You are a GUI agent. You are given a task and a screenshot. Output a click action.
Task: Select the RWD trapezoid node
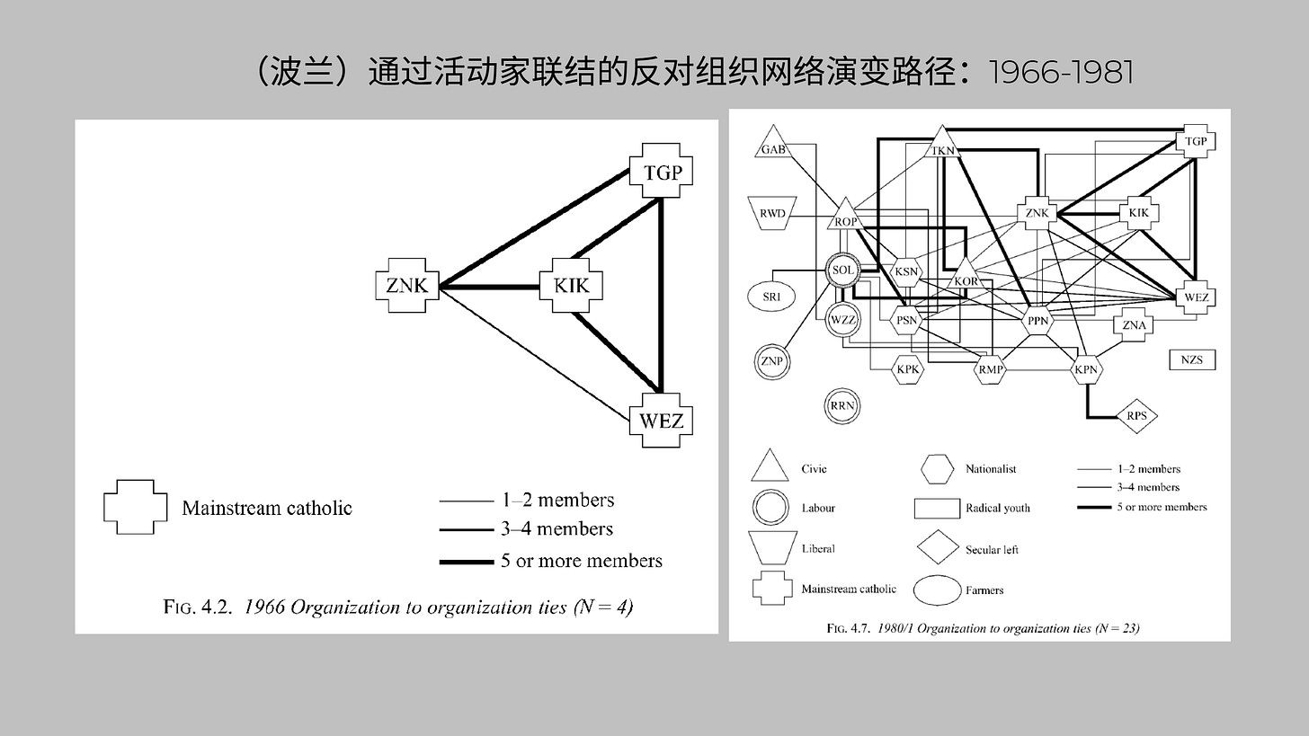click(x=772, y=214)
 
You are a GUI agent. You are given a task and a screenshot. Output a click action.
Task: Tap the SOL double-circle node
click(x=842, y=269)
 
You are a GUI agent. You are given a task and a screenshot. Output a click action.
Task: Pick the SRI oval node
click(x=771, y=296)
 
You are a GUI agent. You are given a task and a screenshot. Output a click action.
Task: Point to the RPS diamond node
click(x=1136, y=415)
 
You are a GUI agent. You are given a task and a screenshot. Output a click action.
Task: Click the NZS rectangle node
click(x=1192, y=359)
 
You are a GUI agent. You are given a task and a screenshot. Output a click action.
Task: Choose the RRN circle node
click(x=842, y=405)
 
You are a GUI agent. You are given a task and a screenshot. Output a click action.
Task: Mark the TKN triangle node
click(x=942, y=146)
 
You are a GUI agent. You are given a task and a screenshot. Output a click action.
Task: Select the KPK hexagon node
click(x=907, y=368)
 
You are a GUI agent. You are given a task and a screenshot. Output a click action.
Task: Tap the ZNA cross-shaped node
click(x=1135, y=324)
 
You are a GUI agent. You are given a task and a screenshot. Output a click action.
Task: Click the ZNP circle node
click(x=771, y=360)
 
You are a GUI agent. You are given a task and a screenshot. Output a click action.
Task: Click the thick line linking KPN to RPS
click(x=1090, y=403)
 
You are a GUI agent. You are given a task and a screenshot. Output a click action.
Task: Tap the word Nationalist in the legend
click(x=990, y=468)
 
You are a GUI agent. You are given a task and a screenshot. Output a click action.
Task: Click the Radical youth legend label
click(x=997, y=508)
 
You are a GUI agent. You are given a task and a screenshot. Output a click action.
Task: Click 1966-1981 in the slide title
click(x=1060, y=73)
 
